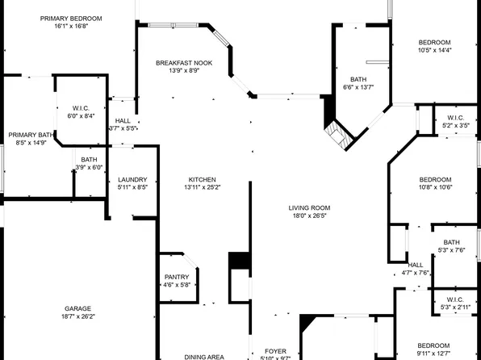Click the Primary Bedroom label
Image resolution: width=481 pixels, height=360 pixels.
[x=72, y=18]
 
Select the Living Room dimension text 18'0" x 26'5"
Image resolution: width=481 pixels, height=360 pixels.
[x=310, y=216]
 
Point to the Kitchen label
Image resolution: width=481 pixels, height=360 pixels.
[x=203, y=179]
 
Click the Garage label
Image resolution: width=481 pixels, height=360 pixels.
[x=77, y=308]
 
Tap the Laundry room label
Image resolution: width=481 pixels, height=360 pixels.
[x=132, y=179]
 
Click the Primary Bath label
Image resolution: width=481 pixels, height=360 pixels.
[x=31, y=135]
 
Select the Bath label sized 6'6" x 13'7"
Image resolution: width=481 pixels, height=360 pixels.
[x=358, y=78]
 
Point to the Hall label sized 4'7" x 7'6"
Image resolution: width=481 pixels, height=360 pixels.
[x=416, y=265]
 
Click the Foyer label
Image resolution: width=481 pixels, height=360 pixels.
[x=276, y=351]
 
